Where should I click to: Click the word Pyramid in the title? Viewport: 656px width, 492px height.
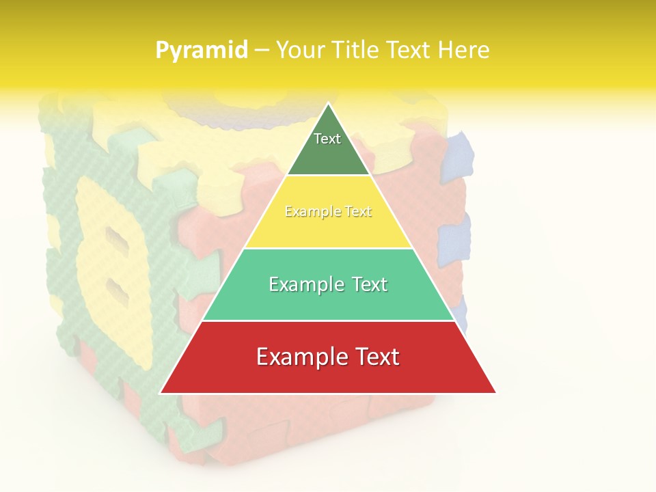pyautogui.click(x=201, y=51)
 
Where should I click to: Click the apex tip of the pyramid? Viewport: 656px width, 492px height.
pyautogui.click(x=329, y=104)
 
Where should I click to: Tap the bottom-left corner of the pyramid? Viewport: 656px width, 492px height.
pyautogui.click(x=161, y=393)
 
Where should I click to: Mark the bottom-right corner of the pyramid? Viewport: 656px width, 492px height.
pyautogui.click(x=495, y=393)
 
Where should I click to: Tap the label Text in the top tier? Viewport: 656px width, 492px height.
pyautogui.click(x=327, y=139)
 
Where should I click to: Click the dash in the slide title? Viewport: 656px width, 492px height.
pyautogui.click(x=262, y=51)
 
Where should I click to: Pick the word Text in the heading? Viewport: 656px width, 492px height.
pyautogui.click(x=408, y=51)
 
